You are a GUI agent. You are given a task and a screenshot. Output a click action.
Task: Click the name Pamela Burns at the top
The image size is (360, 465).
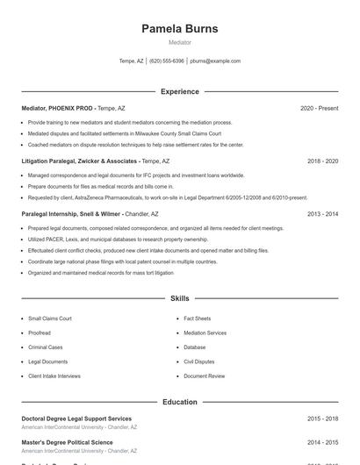[179, 29]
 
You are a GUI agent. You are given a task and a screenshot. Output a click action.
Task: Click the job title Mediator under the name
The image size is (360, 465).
[179, 42]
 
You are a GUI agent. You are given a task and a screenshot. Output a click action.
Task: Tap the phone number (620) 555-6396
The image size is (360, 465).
[167, 61]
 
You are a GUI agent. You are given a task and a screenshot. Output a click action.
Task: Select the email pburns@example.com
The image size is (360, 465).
[215, 61]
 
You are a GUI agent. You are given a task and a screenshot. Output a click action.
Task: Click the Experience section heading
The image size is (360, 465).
[179, 91]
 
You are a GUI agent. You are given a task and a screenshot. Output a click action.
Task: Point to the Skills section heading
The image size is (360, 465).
[179, 299]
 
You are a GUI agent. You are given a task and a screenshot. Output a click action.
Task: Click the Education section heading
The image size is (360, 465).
[179, 402]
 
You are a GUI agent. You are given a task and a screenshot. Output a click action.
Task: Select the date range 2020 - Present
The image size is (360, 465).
[319, 108]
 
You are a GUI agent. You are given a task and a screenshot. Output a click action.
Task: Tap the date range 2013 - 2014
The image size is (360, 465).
[322, 214]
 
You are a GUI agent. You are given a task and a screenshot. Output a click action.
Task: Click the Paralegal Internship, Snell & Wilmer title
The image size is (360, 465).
[71, 214]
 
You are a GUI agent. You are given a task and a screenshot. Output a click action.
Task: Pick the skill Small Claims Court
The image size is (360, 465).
[50, 318]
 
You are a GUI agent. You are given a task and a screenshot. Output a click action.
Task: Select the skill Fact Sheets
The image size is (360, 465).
[197, 318]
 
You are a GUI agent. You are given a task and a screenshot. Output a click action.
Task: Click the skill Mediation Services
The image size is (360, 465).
[205, 333]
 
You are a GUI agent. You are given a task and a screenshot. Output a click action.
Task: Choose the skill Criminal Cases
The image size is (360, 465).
[46, 347]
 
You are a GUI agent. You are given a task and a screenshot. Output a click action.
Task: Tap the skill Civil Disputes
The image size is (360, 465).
[198, 361]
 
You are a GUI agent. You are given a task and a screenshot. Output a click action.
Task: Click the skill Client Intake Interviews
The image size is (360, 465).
[54, 376]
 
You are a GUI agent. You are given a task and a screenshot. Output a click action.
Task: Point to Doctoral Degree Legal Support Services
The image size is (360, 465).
[76, 419]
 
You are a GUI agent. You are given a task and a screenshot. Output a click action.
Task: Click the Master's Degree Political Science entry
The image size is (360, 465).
[67, 442]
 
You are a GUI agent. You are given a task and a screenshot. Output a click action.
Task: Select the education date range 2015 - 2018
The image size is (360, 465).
[322, 419]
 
